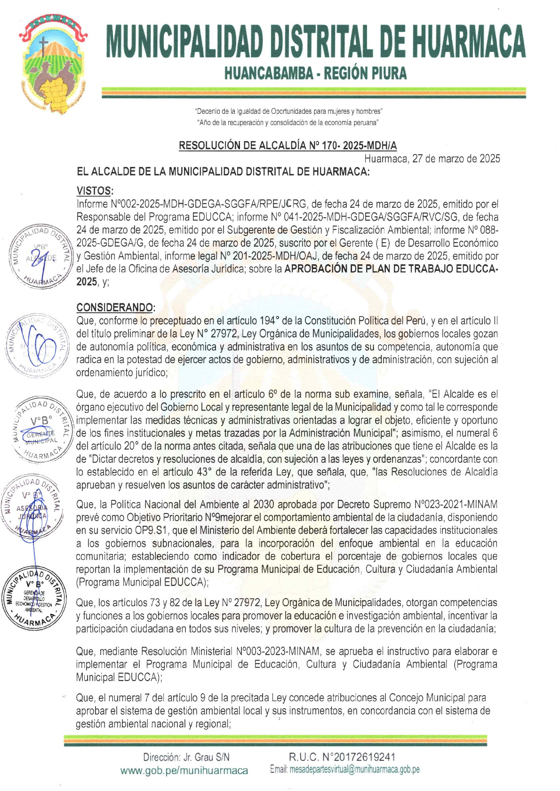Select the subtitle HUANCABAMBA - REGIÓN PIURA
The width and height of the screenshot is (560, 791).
315,73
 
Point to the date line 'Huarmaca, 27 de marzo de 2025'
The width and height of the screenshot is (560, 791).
432,158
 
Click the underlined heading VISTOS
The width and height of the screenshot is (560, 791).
95,191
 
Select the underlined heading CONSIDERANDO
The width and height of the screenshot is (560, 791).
115,308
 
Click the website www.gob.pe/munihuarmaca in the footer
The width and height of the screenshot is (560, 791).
184,770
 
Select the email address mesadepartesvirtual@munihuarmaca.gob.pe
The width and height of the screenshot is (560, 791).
354,770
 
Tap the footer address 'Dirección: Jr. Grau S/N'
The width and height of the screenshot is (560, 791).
186,757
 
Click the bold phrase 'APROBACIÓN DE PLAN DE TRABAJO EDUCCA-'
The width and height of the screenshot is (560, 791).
391,269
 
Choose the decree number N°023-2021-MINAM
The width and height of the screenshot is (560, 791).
455,505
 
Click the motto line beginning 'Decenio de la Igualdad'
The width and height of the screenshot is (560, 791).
288,111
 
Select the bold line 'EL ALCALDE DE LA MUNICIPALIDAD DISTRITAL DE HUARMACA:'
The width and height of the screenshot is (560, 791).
223,172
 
